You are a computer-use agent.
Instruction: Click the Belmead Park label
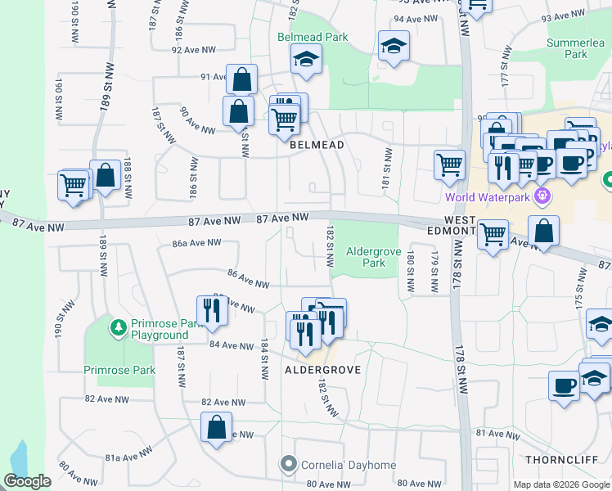tap(313, 37)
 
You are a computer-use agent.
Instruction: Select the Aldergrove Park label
tap(367, 257)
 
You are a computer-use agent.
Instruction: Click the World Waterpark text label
tap(488, 197)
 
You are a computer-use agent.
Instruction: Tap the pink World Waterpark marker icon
tap(540, 196)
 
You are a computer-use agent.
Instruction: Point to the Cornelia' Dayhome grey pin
tap(288, 465)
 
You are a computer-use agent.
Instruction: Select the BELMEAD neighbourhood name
tap(315, 144)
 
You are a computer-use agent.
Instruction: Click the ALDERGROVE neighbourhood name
tap(322, 370)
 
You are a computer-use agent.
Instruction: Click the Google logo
tap(27, 481)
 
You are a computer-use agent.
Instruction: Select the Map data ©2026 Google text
tap(561, 484)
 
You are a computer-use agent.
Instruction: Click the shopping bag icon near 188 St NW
tap(105, 176)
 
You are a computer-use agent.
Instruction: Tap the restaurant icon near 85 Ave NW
tap(213, 310)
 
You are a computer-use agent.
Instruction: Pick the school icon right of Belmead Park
tap(394, 46)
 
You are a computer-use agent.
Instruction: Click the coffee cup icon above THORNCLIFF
tap(564, 385)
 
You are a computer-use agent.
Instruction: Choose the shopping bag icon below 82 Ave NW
tap(216, 428)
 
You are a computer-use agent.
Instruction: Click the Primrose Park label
tap(119, 370)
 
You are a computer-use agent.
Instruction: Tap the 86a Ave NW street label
tap(196, 242)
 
